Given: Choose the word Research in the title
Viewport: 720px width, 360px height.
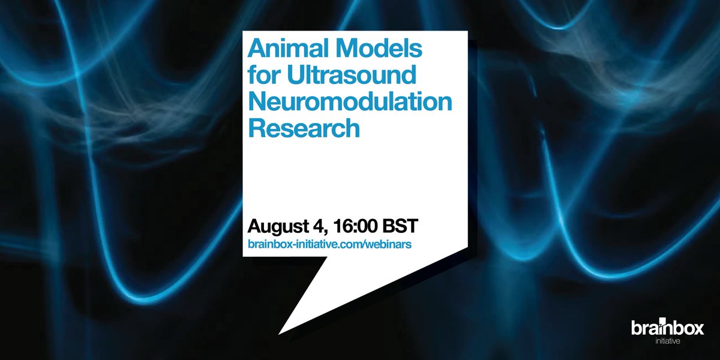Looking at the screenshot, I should (x=304, y=128).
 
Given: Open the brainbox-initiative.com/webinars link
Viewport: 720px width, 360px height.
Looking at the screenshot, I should (x=329, y=244).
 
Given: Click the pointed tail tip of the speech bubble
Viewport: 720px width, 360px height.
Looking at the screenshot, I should (x=280, y=332).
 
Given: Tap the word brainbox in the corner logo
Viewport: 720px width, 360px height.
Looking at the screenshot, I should (x=667, y=328).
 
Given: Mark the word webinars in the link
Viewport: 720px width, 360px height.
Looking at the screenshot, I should (x=391, y=244).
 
